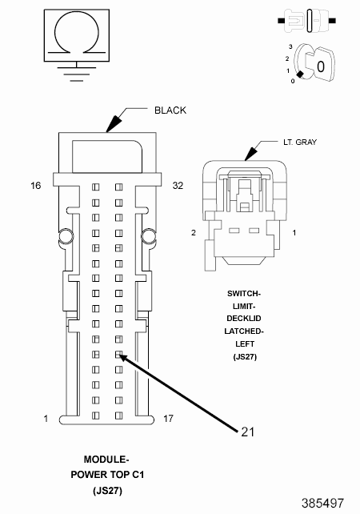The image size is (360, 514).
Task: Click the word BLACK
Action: [170, 110]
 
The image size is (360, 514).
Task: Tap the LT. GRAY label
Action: [300, 142]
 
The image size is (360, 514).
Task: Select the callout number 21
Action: [248, 432]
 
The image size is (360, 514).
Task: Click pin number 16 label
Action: [36, 186]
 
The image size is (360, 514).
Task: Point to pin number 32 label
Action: [178, 186]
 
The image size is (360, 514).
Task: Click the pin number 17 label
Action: [168, 419]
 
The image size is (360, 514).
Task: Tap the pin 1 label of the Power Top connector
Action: [46, 419]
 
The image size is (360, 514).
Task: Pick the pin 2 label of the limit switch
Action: [194, 232]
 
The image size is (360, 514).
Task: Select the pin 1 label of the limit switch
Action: [294, 232]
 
